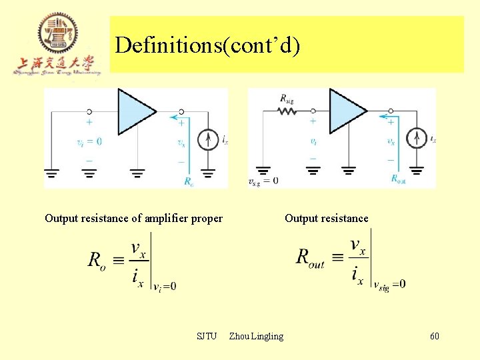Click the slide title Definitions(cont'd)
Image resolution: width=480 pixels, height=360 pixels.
point(207,45)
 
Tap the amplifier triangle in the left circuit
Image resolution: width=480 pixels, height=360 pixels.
point(136,111)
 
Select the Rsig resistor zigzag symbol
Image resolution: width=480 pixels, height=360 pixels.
point(287,111)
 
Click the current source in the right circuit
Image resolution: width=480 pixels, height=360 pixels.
point(418,139)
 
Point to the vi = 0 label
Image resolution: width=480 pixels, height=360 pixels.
point(89,141)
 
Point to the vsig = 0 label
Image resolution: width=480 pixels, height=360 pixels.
point(263,181)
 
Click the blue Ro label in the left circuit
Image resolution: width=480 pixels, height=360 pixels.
point(189,181)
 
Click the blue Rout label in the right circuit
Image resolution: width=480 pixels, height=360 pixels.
point(399,179)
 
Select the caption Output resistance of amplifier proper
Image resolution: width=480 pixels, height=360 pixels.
point(133,218)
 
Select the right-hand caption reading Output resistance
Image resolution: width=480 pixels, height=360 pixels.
point(326,218)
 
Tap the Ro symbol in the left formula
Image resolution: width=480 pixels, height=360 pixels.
point(97,260)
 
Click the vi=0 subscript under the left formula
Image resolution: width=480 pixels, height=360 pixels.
point(165,287)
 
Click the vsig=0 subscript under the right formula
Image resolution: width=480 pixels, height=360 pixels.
point(389,285)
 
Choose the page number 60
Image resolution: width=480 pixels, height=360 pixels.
point(434,336)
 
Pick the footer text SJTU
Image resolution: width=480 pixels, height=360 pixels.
point(207,336)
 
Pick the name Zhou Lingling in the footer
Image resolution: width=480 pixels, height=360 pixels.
point(256,336)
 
